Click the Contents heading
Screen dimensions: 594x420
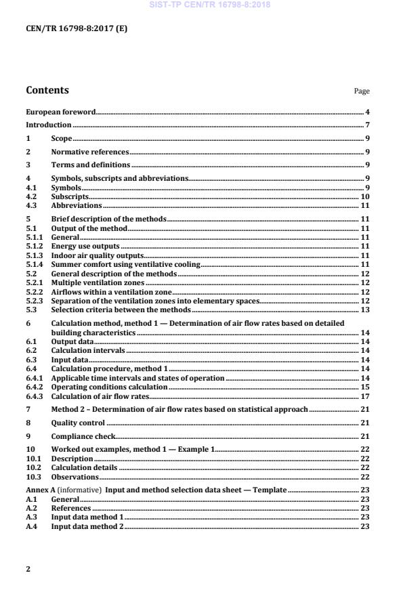pyautogui.click(x=47, y=90)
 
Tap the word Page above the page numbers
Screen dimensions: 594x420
pyautogui.click(x=362, y=91)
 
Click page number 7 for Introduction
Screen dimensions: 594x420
pyautogui.click(x=367, y=125)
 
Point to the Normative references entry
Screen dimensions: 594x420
pyautogui.click(x=90, y=152)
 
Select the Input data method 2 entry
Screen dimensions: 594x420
pyautogui.click(x=87, y=526)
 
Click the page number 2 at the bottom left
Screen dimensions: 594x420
pyautogui.click(x=28, y=569)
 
